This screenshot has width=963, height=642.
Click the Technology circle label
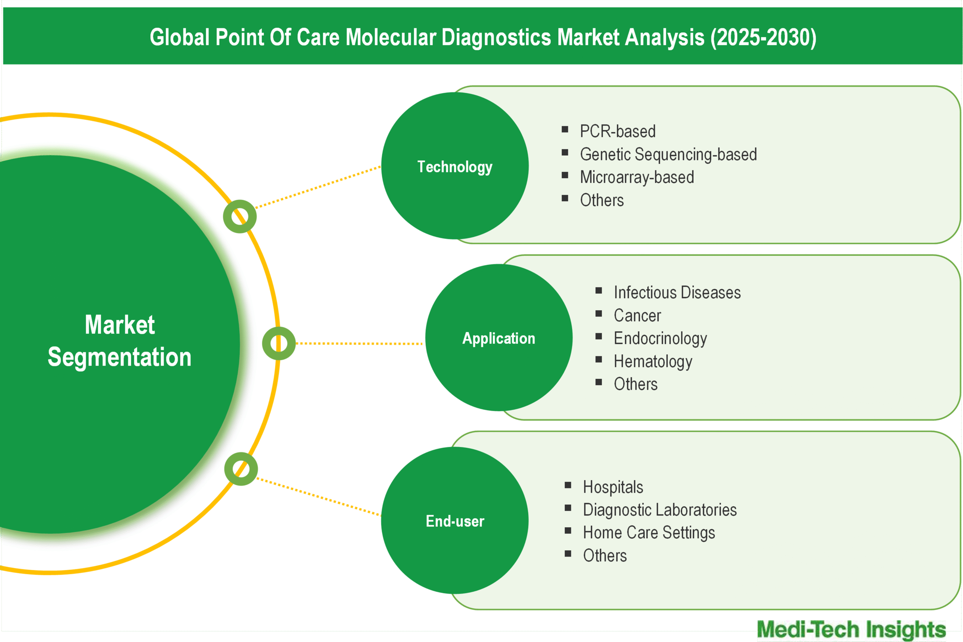pyautogui.click(x=454, y=167)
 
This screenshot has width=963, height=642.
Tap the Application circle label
pyautogui.click(x=499, y=338)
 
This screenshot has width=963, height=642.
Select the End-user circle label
pyautogui.click(x=455, y=521)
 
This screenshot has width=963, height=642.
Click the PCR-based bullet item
pyautogui.click(x=617, y=131)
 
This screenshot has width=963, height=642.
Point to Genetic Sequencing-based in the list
pyautogui.click(x=668, y=154)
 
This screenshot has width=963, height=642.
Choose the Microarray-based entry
pyautogui.click(x=637, y=177)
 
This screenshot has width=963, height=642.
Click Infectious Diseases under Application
pyautogui.click(x=677, y=293)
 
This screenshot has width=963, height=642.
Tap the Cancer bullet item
pyautogui.click(x=637, y=316)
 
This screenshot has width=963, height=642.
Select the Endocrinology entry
pyautogui.click(x=660, y=338)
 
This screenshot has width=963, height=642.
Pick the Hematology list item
pyautogui.click(x=653, y=361)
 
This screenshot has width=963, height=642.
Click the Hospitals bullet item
pyautogui.click(x=613, y=487)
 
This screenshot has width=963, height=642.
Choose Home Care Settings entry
pyautogui.click(x=649, y=533)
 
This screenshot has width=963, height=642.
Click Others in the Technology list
pyautogui.click(x=602, y=200)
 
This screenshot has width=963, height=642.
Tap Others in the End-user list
pyautogui.click(x=605, y=555)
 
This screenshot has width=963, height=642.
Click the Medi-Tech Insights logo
pyautogui.click(x=851, y=629)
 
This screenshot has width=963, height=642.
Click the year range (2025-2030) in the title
pyautogui.click(x=764, y=37)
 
